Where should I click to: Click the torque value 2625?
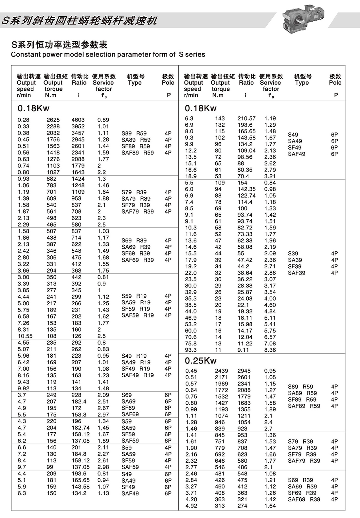click(x=53, y=120)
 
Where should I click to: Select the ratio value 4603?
click(x=78, y=120)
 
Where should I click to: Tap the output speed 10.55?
click(x=25, y=336)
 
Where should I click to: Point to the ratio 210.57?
click(x=246, y=118)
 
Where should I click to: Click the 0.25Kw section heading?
click(x=201, y=361)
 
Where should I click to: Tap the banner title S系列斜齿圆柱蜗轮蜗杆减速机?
click(x=80, y=21)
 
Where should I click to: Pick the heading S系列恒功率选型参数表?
click(x=59, y=45)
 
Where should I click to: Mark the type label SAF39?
click(x=297, y=273)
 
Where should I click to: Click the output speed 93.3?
click(x=191, y=350)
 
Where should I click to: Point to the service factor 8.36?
click(x=270, y=350)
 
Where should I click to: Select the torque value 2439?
click(x=221, y=371)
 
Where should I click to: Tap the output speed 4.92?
click(x=191, y=506)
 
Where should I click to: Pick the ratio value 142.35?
click(x=246, y=189)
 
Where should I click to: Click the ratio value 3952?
click(x=78, y=127)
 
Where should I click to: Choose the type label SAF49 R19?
click(x=137, y=375)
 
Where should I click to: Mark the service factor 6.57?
click(x=270, y=337)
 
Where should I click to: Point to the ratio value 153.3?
click(x=79, y=415)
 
